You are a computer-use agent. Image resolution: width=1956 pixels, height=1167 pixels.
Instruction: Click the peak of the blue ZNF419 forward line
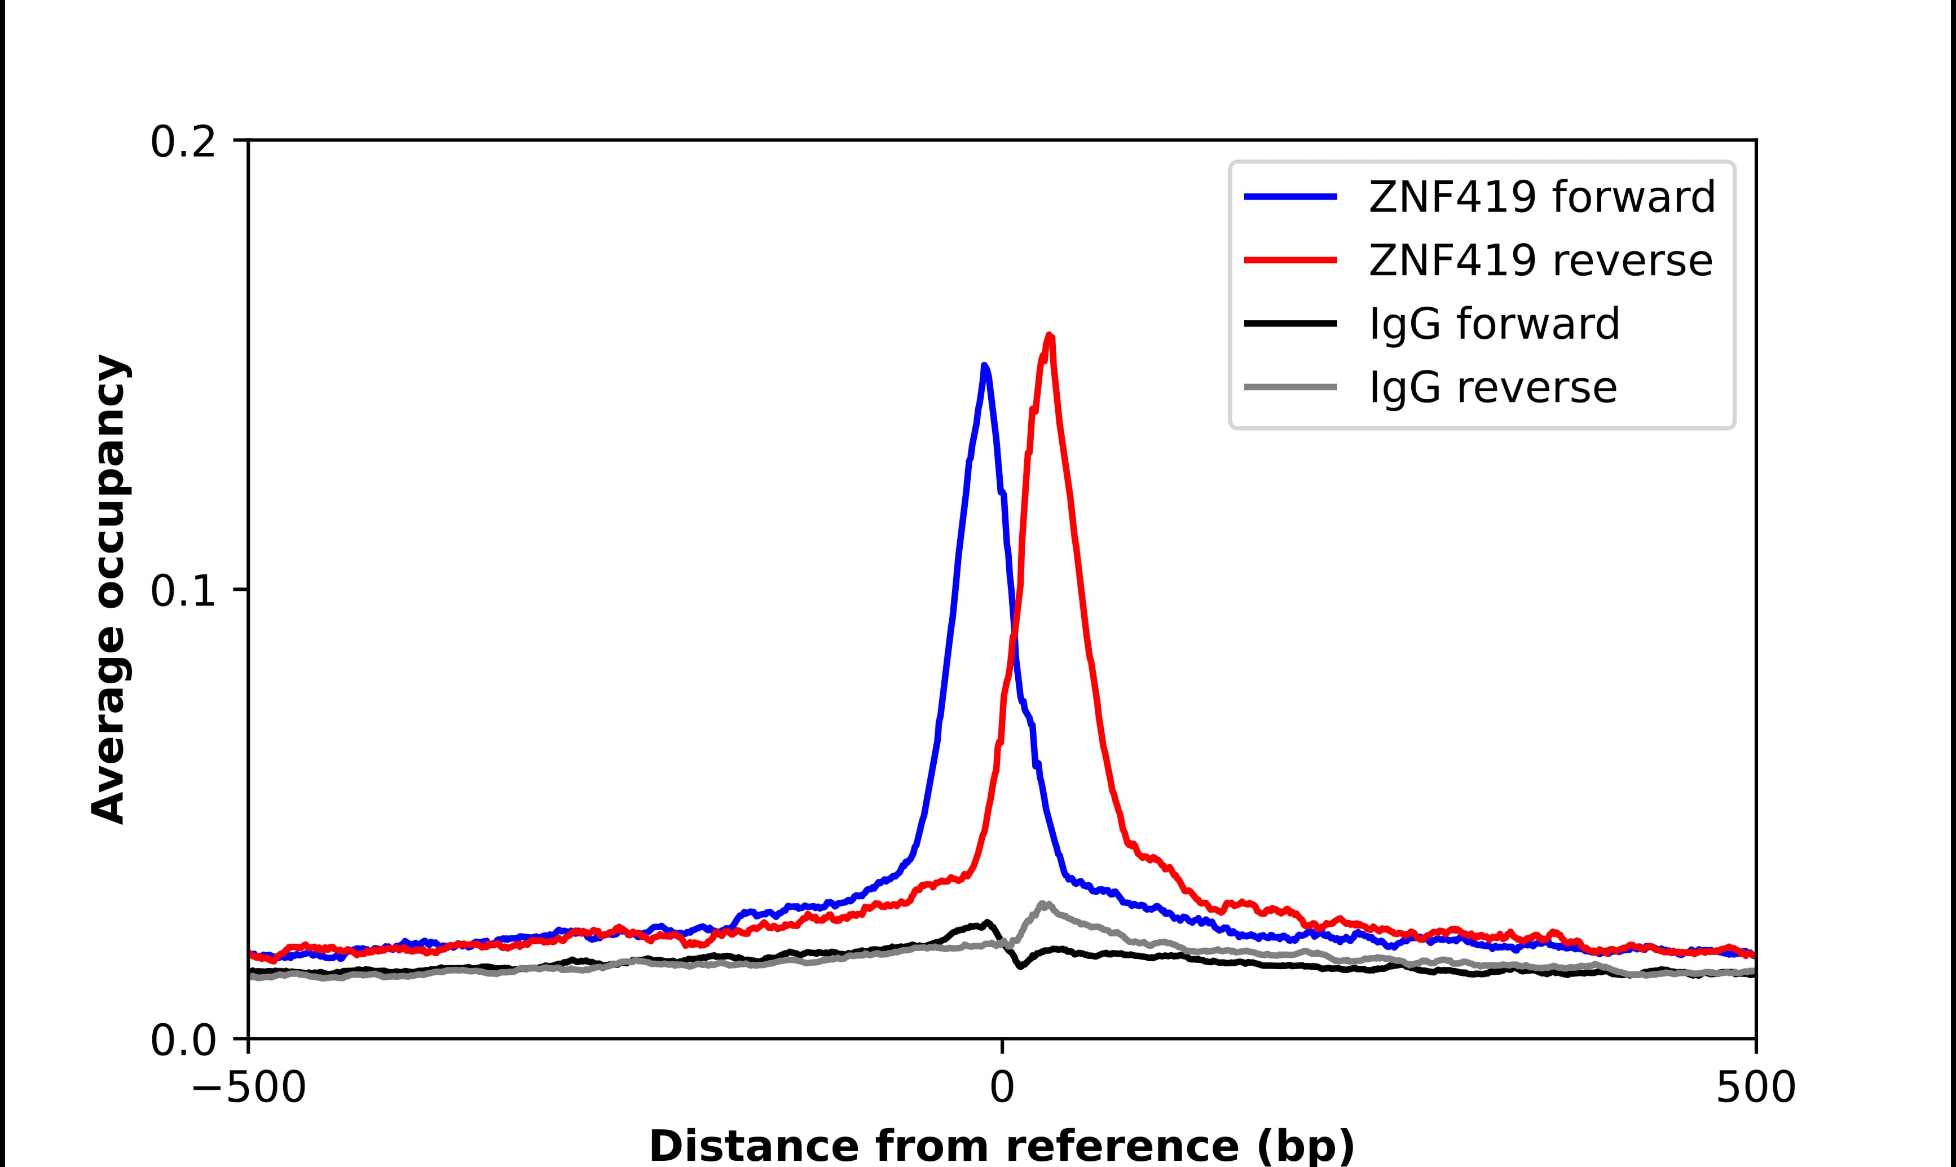[x=984, y=366]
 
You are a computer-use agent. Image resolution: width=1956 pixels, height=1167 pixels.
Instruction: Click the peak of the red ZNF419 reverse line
[x=1049, y=336]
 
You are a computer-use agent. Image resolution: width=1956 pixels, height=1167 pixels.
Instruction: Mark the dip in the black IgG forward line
[x=1021, y=966]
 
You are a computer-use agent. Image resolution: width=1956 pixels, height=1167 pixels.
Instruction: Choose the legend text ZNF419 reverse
[x=1540, y=260]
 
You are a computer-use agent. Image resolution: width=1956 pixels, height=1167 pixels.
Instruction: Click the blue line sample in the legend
[x=1290, y=197]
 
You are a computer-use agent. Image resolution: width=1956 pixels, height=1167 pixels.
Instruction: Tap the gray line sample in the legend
[x=1290, y=387]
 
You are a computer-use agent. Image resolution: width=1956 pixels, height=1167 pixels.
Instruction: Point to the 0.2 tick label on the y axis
[x=183, y=142]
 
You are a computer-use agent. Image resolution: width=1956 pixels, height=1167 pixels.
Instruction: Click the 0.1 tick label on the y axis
[x=183, y=591]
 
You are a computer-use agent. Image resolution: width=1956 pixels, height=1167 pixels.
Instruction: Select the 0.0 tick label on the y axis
[x=183, y=1040]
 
